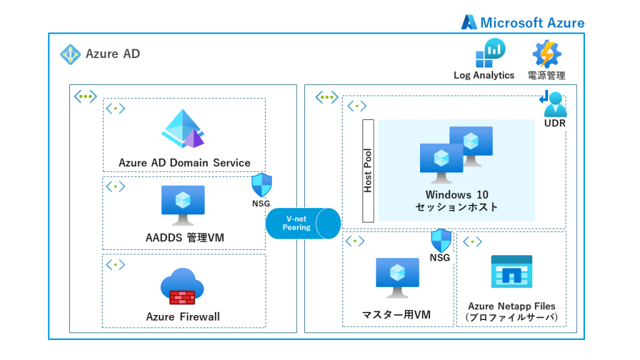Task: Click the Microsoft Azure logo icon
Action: (x=469, y=22)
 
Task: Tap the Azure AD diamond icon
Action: (x=70, y=54)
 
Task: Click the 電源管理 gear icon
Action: (x=546, y=54)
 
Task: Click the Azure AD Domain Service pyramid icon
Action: (x=183, y=129)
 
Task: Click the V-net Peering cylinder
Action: (x=303, y=223)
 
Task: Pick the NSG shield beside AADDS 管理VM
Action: (x=261, y=185)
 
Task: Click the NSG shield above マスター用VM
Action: (x=441, y=240)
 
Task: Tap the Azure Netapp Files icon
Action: (x=511, y=272)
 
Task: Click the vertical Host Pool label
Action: (x=368, y=171)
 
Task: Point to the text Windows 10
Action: (x=457, y=195)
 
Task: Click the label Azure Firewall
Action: (x=183, y=317)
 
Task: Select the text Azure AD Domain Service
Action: (x=184, y=162)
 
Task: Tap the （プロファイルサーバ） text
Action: (x=511, y=317)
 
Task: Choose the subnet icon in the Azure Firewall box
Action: (x=115, y=265)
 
